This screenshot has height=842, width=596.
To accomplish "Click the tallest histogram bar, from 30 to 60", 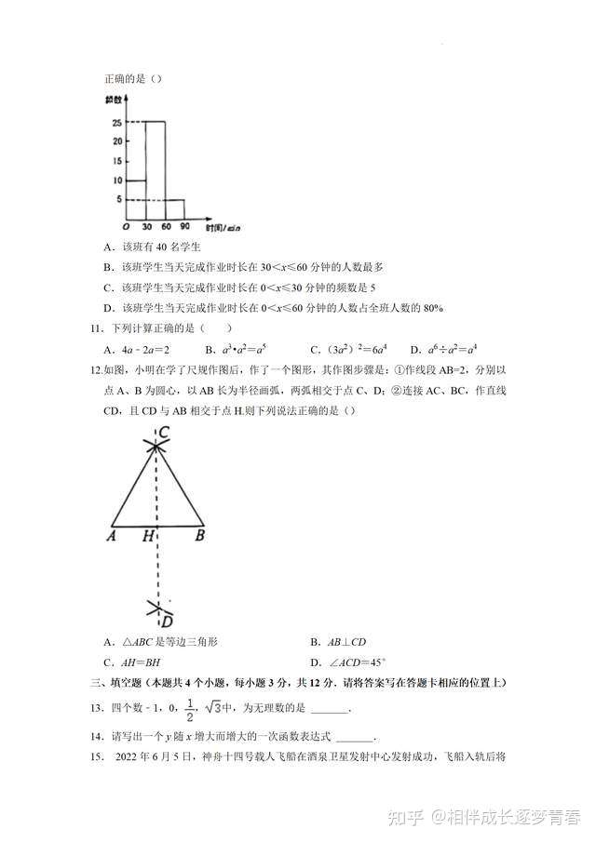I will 155,172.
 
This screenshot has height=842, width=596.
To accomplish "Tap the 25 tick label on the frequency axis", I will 116,123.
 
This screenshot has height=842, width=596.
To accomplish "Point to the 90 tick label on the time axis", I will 184,228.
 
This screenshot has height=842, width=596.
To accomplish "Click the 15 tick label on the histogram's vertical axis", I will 116,160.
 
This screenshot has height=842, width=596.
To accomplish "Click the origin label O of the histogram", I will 126,228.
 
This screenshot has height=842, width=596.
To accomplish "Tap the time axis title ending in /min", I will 221,228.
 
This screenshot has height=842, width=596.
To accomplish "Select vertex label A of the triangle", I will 111,536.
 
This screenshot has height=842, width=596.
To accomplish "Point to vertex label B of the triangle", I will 199,536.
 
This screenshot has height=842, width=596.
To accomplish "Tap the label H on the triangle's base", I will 147,537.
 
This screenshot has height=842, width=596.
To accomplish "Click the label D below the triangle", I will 167,621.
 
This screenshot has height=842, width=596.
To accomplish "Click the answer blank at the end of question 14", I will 359,736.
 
